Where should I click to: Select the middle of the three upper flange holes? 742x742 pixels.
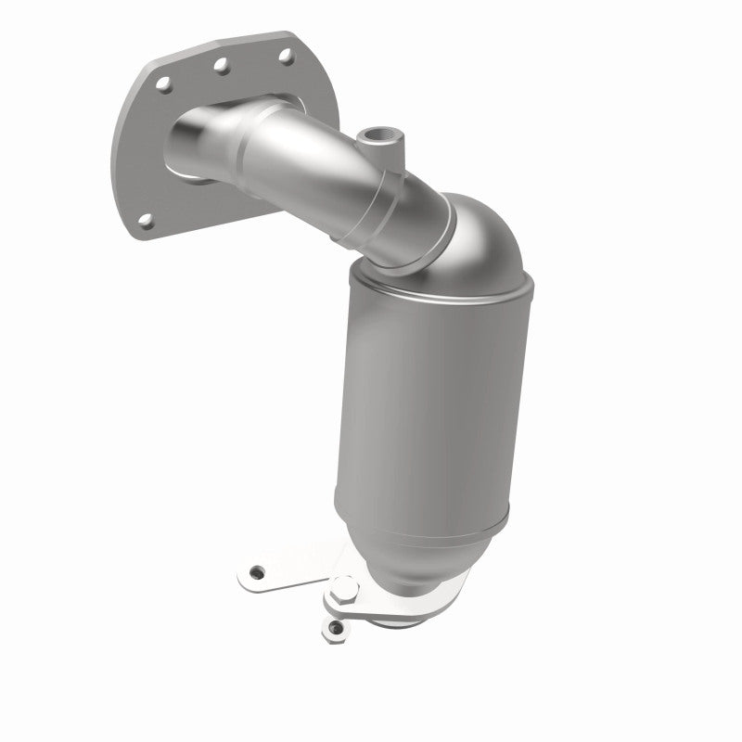(222, 66)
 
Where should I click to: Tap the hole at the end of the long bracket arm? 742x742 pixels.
(258, 573)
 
